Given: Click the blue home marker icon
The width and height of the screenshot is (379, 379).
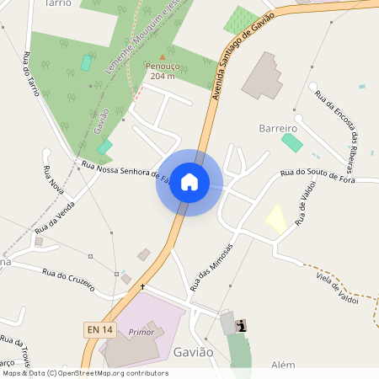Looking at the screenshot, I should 189,182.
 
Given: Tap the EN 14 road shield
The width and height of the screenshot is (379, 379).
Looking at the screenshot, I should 99,330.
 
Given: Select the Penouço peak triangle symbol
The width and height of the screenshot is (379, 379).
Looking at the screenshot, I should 163,56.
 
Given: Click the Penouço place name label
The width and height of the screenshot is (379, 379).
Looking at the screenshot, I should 163,66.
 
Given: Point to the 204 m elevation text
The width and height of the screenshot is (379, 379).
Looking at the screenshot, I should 163,76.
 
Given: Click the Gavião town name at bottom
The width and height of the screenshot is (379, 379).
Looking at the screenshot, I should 193,351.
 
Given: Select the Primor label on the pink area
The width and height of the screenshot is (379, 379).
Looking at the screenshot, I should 141,332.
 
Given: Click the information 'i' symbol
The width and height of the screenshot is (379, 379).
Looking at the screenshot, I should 243,325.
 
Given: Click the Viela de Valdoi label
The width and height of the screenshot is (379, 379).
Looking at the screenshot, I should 337,287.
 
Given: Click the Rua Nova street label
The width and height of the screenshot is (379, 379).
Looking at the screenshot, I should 53,179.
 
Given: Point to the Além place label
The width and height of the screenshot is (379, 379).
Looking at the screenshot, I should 284,365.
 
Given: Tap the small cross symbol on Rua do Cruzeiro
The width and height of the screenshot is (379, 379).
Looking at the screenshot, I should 142,287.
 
